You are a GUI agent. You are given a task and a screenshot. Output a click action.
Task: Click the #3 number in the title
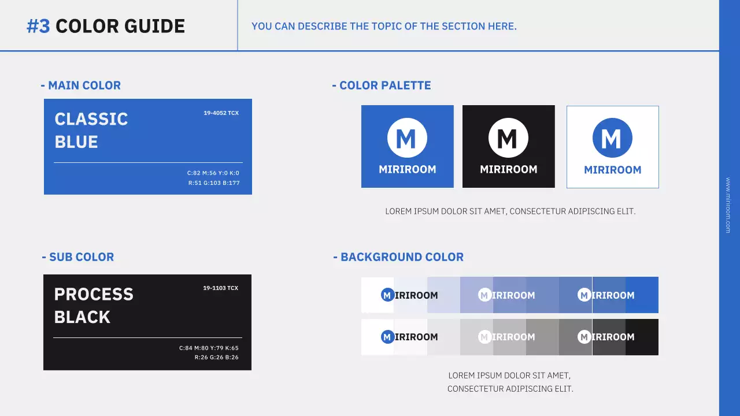[38, 26]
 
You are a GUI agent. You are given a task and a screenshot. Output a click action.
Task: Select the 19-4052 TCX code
[221, 113]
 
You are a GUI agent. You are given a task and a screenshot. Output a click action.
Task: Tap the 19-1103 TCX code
[220, 288]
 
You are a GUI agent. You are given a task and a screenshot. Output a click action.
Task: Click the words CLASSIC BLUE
[91, 130]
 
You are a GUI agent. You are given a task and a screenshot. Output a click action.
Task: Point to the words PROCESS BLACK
[93, 305]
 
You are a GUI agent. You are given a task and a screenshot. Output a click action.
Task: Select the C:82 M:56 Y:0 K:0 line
[213, 173]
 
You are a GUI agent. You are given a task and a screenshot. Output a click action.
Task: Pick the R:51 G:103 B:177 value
[213, 183]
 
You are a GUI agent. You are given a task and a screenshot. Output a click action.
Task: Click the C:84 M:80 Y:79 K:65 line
[209, 348]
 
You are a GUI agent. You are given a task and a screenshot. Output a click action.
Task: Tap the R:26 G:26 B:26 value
[216, 358]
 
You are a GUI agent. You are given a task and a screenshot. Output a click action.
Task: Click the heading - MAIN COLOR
[81, 86]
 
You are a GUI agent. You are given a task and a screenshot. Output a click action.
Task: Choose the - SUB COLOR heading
[78, 257]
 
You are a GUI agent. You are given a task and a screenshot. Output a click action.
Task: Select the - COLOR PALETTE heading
[382, 86]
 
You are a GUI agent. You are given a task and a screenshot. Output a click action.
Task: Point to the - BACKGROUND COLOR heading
[398, 257]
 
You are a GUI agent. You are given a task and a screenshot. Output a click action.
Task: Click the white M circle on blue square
[407, 138]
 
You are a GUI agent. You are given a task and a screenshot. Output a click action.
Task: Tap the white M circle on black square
[508, 138]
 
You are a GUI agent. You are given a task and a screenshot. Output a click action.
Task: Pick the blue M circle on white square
[612, 138]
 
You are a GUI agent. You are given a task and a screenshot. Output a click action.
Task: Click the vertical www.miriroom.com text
[728, 205]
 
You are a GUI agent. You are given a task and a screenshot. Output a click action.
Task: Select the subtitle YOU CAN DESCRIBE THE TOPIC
[384, 27]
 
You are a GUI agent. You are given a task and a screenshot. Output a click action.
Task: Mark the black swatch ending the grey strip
[642, 337]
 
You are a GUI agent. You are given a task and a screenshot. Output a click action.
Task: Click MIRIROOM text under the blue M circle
[612, 170]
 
